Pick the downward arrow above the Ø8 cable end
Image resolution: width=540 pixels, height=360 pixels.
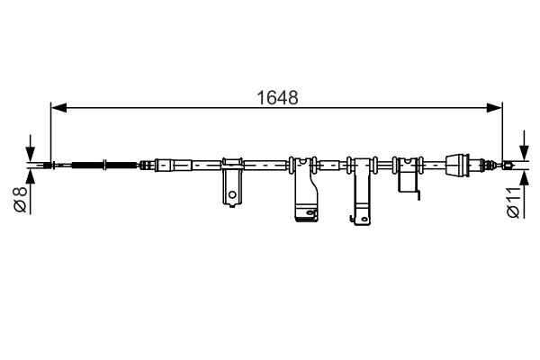[x=31, y=152]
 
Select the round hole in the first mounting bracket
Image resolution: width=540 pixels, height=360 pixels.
[x=232, y=192]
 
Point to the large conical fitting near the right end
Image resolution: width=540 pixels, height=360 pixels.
[x=460, y=165]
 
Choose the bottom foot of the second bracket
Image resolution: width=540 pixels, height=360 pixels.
[x=307, y=213]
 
